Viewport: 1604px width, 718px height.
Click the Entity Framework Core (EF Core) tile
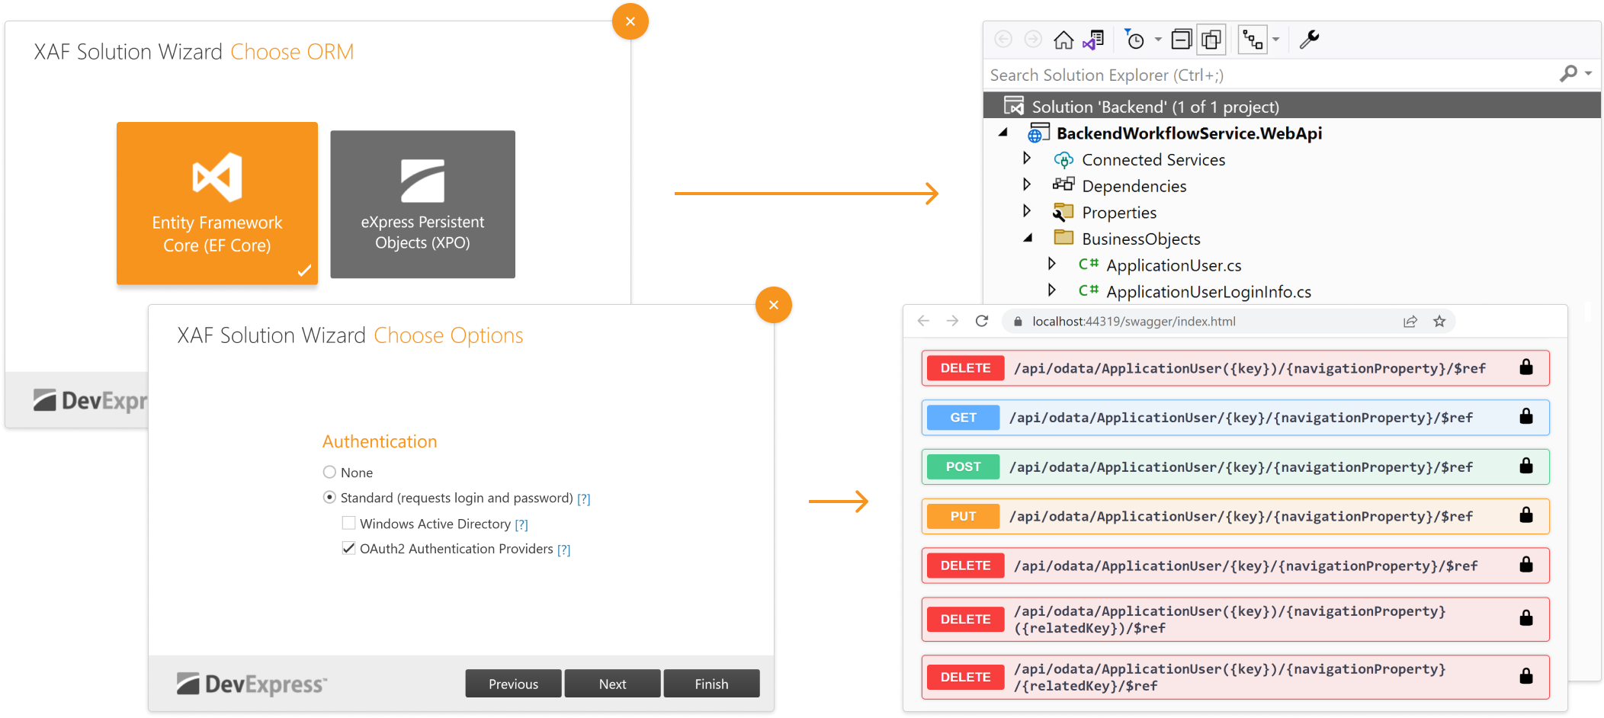tap(217, 203)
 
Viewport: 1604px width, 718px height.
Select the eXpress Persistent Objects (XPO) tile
tap(422, 204)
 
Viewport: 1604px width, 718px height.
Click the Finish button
tap(711, 684)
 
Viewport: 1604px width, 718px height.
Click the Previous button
tap(513, 684)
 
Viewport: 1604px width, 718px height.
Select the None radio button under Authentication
tap(329, 473)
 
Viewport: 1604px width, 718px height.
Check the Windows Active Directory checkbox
tap(348, 523)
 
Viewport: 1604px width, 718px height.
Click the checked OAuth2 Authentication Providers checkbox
tap(348, 548)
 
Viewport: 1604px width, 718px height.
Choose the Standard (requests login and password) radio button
tap(329, 498)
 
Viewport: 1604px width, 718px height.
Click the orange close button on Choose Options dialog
tap(773, 305)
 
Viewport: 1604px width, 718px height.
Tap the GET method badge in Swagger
tap(963, 418)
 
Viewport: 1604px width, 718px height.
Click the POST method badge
tap(963, 466)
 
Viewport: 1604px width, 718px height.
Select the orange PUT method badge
tap(963, 516)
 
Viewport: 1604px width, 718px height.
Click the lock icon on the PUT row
tap(1525, 515)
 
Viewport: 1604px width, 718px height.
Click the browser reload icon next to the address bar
tap(982, 321)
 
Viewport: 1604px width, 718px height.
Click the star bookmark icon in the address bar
tap(1439, 322)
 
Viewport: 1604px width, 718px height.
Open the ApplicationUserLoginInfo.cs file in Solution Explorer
tap(1208, 292)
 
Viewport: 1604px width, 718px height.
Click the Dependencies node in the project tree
tap(1134, 186)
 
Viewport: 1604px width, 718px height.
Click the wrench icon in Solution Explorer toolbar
tap(1309, 39)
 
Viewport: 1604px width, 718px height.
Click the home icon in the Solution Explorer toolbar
tap(1063, 40)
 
